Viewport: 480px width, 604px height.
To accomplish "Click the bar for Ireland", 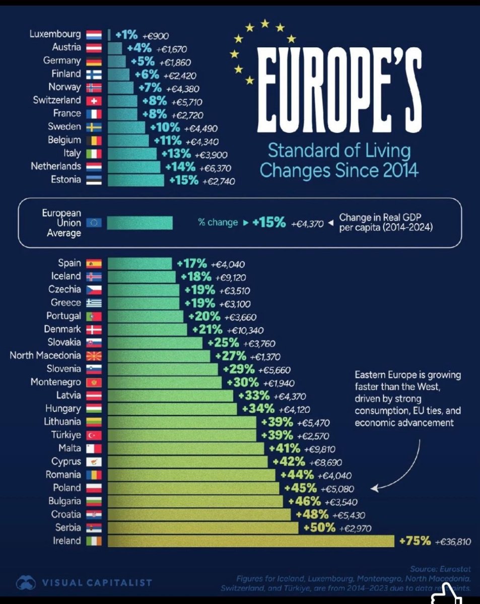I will click(251, 541).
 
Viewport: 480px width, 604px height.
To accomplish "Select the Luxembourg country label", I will click(55, 35).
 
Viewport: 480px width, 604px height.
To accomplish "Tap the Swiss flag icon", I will click(94, 101).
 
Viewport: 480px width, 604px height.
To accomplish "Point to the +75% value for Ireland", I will click(415, 541).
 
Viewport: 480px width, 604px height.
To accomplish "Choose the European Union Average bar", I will click(140, 222).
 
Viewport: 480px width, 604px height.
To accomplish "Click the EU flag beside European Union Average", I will click(94, 222).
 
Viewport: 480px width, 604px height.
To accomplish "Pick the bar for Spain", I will click(140, 263).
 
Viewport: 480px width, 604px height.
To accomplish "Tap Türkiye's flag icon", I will click(94, 435).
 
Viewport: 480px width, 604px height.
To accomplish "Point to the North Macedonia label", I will click(45, 356).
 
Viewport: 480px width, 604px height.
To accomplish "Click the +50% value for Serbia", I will click(319, 527).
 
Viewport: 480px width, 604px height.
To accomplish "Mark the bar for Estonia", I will click(135, 180).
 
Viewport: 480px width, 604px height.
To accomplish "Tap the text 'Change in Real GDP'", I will click(380, 218).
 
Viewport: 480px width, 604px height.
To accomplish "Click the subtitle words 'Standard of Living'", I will click(338, 150).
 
